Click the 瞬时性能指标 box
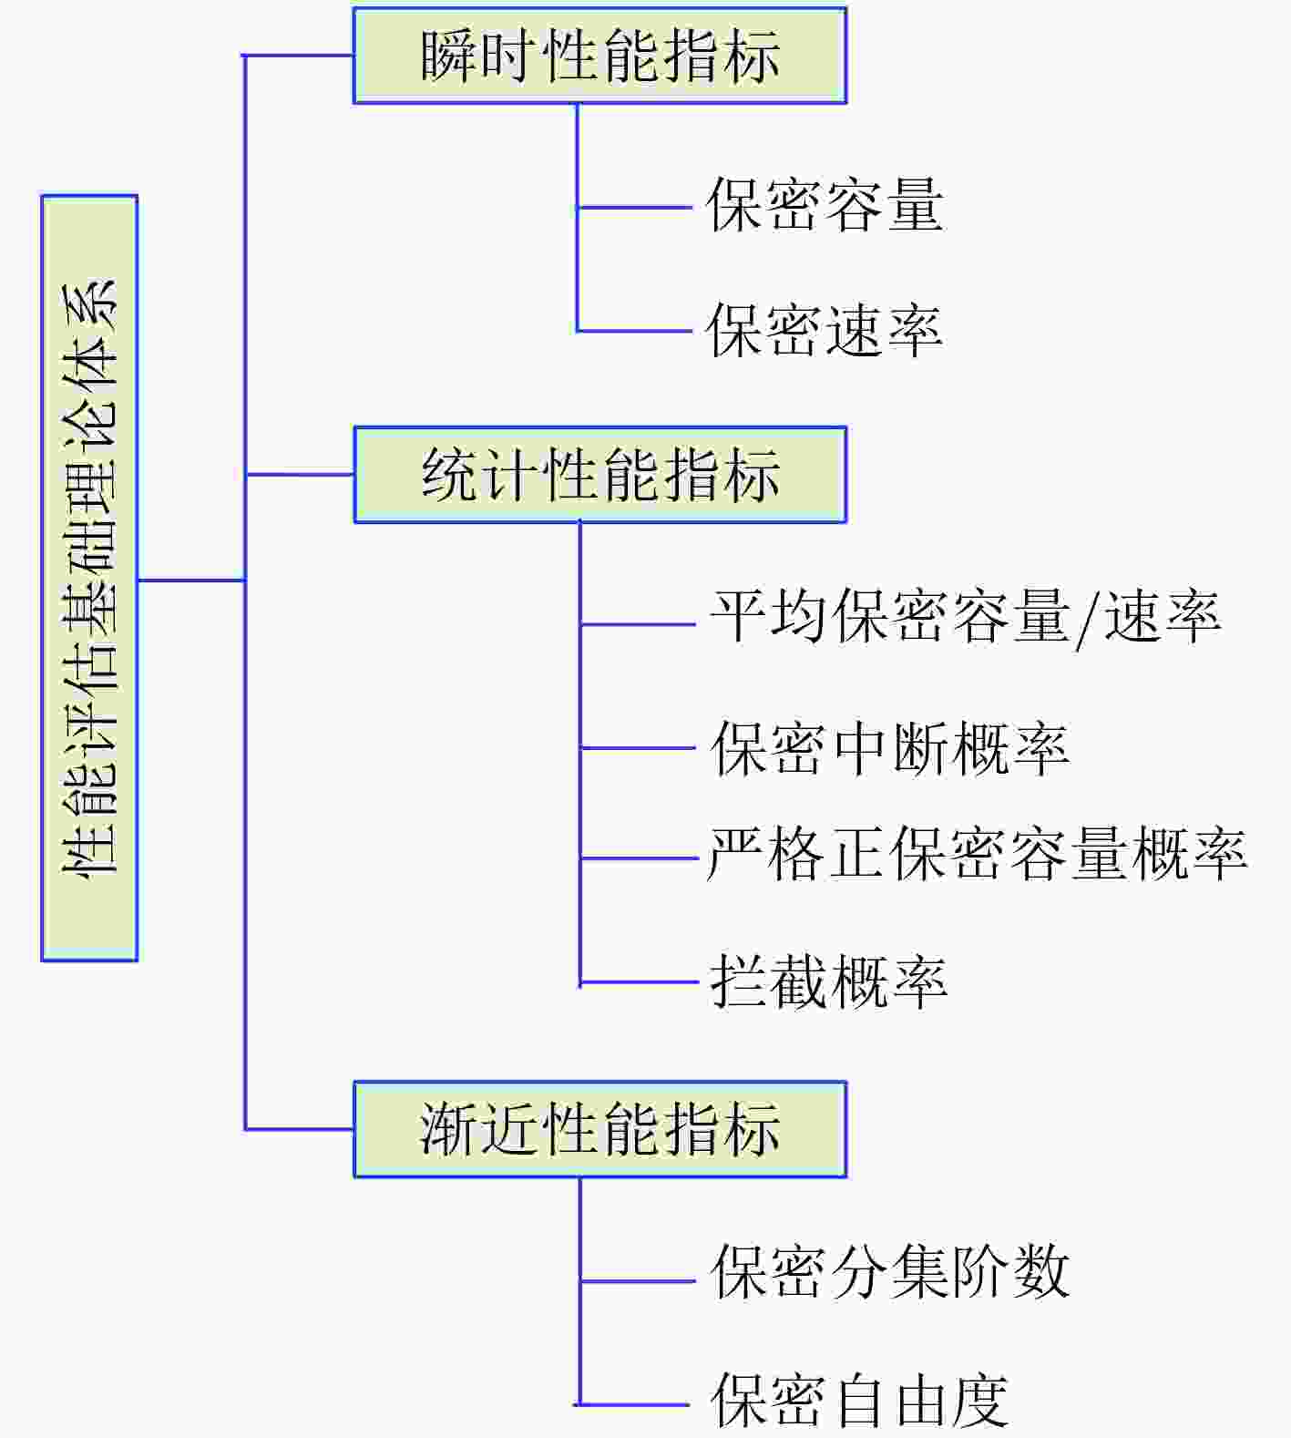point(599,56)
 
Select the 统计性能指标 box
point(599,475)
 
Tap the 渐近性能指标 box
point(599,1130)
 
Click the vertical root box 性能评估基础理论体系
point(89,578)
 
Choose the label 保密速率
point(825,330)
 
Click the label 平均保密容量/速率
point(966,618)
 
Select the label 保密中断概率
point(889,748)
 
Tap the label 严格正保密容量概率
point(977,854)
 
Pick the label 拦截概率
point(829,981)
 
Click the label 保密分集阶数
point(889,1271)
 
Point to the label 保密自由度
point(859,1401)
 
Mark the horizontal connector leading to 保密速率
point(635,331)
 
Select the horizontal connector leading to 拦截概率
point(639,982)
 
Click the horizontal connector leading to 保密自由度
point(634,1404)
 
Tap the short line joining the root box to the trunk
point(191,580)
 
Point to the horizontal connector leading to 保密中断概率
point(639,748)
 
